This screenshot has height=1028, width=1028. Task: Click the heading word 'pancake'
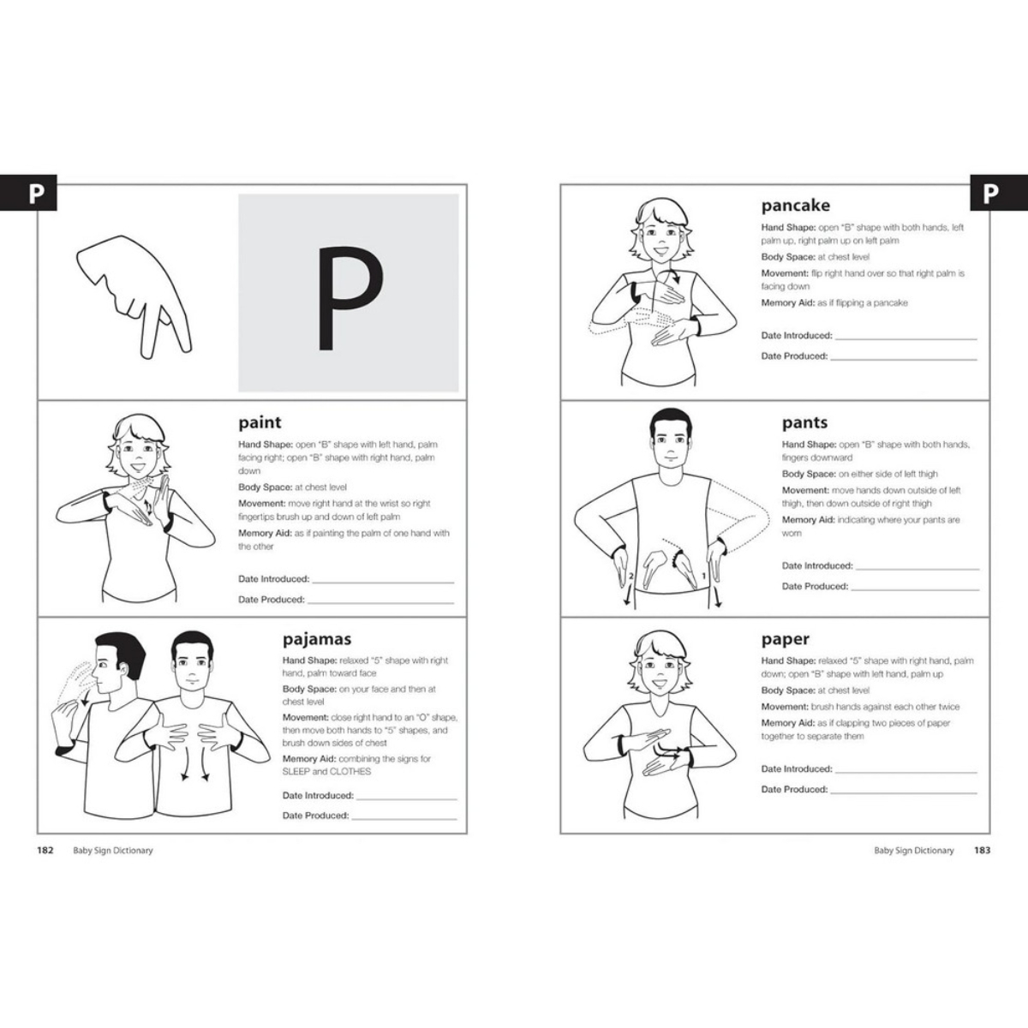point(795,206)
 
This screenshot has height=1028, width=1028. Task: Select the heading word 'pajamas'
point(317,639)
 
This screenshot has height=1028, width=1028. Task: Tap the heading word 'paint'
point(260,422)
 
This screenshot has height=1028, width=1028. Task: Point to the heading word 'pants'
point(804,422)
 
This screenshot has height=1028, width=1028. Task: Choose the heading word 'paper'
point(785,639)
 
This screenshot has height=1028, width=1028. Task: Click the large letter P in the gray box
point(350,298)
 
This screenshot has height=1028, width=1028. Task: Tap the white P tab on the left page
point(36,194)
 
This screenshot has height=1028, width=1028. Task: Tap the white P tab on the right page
point(990,194)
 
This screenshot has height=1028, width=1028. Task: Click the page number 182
point(45,851)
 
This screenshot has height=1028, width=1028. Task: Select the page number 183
point(982,851)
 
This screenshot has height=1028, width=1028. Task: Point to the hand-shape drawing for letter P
point(134,296)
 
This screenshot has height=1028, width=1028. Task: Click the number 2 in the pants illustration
point(631,577)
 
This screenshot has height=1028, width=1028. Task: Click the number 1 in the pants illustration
point(703,577)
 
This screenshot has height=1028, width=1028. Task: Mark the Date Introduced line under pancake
point(905,339)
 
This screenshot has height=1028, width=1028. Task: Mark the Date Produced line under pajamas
point(404,819)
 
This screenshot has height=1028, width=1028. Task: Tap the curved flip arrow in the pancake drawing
point(670,277)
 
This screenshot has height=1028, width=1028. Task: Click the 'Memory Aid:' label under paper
point(787,723)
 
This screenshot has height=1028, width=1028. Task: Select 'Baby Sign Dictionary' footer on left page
point(113,851)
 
